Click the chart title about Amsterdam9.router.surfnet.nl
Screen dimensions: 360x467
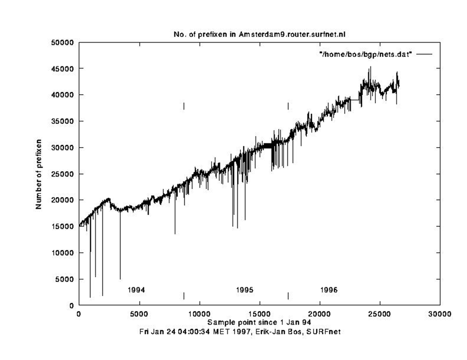(x=259, y=34)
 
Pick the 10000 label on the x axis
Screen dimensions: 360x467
(x=199, y=314)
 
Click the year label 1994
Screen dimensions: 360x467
(x=137, y=290)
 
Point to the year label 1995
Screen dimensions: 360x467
(x=245, y=290)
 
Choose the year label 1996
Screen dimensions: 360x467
(x=329, y=290)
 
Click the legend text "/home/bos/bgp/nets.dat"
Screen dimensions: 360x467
(x=366, y=54)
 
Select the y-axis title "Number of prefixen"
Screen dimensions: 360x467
(x=39, y=174)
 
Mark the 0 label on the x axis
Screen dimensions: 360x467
(x=79, y=314)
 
